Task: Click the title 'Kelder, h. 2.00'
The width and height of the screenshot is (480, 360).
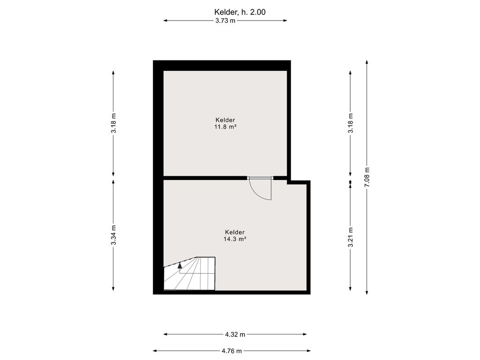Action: coord(240,12)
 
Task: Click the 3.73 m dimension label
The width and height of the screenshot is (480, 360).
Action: coord(225,21)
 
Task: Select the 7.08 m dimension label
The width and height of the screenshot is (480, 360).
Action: coord(367,177)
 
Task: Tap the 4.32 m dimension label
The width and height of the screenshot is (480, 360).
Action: coord(235,335)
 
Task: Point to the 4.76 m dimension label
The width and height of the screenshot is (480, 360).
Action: coord(232,351)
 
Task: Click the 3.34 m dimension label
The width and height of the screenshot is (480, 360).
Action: coord(113,235)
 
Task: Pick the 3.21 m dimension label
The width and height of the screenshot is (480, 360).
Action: coord(351,237)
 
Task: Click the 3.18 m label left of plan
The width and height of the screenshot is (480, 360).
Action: coord(113,123)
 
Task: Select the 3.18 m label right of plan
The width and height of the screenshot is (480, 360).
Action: coord(351,123)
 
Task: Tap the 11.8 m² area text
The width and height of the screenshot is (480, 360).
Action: coord(225,127)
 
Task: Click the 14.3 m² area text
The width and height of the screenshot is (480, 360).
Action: coord(235,239)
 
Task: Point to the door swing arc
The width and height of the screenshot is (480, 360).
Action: coord(257,194)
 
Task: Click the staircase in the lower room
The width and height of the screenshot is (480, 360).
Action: coord(189,273)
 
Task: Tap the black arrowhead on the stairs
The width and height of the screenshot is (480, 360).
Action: coord(180,265)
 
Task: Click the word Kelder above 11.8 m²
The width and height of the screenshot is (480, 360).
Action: coord(225,120)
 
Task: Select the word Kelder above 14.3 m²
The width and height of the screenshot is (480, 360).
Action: coord(235,232)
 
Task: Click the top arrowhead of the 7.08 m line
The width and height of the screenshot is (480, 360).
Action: coord(367,62)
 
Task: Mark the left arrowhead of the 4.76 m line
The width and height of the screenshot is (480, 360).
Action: coord(155,351)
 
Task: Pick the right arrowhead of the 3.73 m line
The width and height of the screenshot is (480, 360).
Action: coord(285,21)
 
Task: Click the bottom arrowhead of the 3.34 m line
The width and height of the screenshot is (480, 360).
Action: coord(113,288)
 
